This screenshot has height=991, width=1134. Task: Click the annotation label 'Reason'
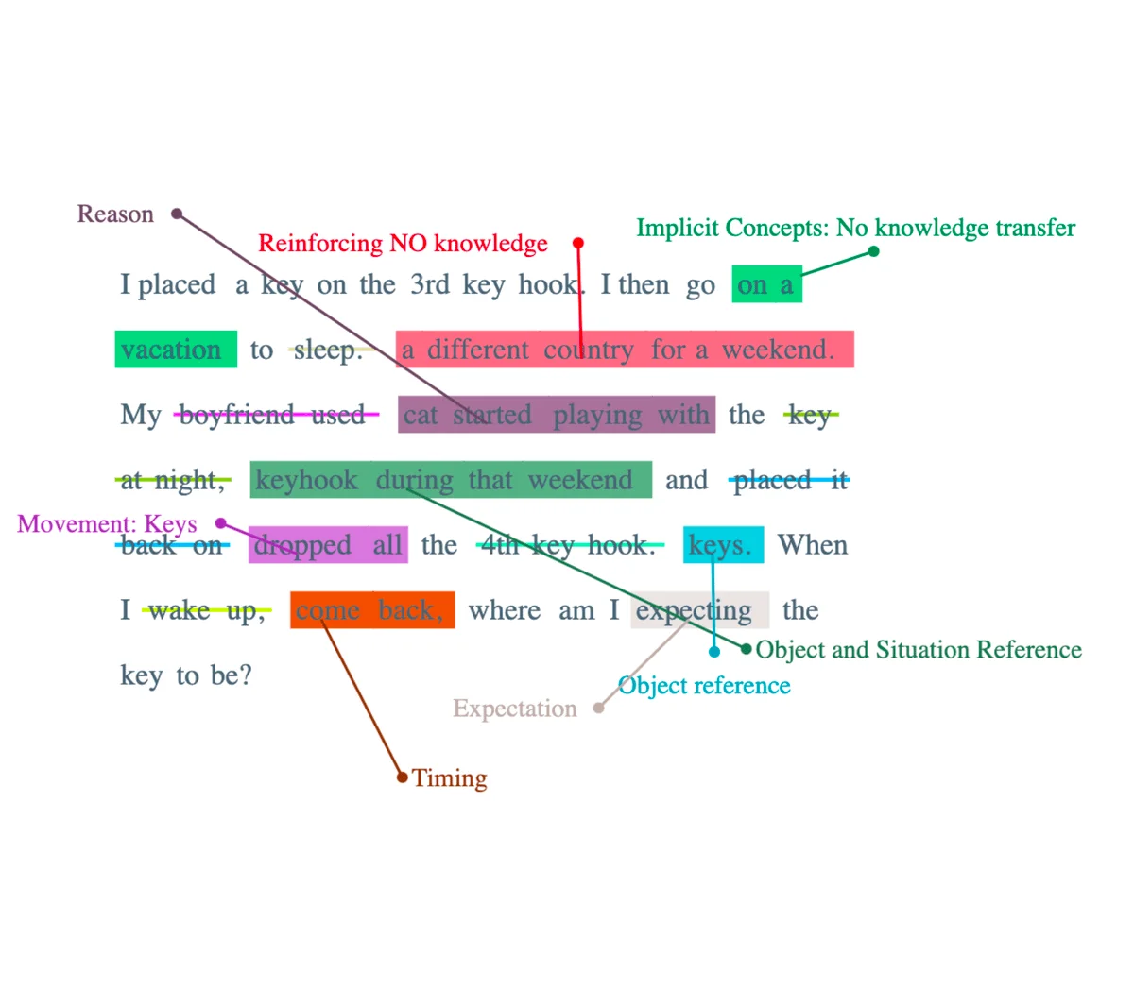[x=115, y=214]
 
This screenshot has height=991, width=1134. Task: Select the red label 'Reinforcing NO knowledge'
[x=403, y=244]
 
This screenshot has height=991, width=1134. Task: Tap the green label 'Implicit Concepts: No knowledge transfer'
[x=855, y=228]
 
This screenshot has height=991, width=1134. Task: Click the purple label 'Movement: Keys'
[x=107, y=524]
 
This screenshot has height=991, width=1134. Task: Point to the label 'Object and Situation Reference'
[x=919, y=650]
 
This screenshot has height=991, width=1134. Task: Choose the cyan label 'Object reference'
[x=704, y=686]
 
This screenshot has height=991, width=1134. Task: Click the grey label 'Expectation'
[x=514, y=709]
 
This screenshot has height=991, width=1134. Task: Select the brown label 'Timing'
[x=450, y=778]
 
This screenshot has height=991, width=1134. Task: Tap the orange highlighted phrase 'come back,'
[x=371, y=610]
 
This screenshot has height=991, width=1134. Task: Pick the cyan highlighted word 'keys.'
[x=723, y=545]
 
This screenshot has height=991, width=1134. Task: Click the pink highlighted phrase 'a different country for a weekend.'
[x=624, y=350]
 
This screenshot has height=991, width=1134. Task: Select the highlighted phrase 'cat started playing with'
[x=556, y=415]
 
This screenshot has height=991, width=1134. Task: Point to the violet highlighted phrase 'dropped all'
[x=328, y=545]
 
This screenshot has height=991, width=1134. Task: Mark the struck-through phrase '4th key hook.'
[x=569, y=545]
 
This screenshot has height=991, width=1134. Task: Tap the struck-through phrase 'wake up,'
[x=205, y=610]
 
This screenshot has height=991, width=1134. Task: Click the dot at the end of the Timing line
[x=403, y=777]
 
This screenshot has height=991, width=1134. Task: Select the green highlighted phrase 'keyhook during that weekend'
[x=451, y=480]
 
